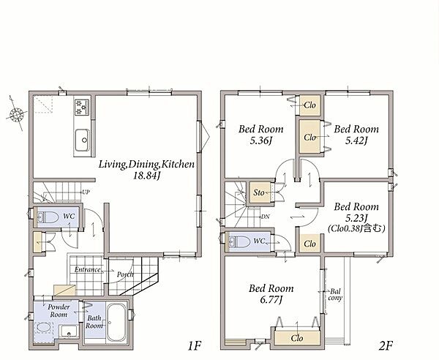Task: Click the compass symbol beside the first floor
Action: tap(16, 114)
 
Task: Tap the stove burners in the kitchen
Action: tap(82, 108)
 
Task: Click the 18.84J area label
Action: tap(146, 176)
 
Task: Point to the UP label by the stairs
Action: tap(86, 192)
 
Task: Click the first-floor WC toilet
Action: tap(48, 217)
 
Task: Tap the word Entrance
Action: tap(87, 269)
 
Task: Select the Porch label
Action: tap(125, 274)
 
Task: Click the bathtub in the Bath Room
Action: tap(117, 322)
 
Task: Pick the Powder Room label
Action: tap(59, 310)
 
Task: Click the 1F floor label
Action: tap(195, 346)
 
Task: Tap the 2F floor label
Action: tap(386, 346)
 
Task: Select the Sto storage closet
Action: tap(259, 192)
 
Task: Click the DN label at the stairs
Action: tap(265, 217)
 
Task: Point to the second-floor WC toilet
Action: tap(239, 241)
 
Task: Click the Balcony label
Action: tap(335, 294)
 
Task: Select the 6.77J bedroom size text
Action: tap(271, 300)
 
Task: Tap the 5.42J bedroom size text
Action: tap(356, 140)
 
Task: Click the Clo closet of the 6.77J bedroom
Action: tap(297, 338)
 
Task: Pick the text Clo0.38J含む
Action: tap(356, 228)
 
